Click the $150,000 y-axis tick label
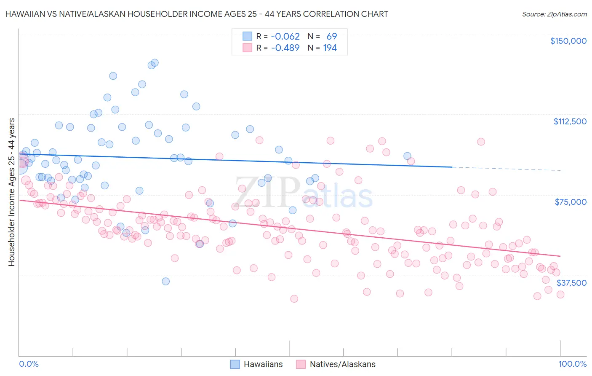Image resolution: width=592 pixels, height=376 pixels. click(x=568, y=41)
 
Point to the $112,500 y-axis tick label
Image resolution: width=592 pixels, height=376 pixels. click(x=570, y=121)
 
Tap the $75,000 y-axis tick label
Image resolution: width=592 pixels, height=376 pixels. click(x=571, y=202)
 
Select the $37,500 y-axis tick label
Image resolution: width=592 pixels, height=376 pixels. click(x=571, y=283)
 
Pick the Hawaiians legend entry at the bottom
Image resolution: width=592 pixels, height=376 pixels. click(x=257, y=364)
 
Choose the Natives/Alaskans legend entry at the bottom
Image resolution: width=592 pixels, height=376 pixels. click(x=336, y=364)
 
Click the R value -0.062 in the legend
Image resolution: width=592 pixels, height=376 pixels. click(x=285, y=36)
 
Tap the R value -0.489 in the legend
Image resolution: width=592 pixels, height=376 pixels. click(x=285, y=48)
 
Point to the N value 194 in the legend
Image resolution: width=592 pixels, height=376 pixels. click(x=330, y=48)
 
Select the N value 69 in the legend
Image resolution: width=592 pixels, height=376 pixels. click(x=331, y=36)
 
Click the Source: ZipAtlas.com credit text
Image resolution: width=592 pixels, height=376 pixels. click(x=554, y=14)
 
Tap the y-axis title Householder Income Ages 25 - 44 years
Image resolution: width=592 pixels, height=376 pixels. click(x=11, y=192)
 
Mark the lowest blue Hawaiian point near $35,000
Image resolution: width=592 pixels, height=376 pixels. click(x=166, y=281)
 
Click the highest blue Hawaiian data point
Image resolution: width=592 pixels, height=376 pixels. click(x=155, y=62)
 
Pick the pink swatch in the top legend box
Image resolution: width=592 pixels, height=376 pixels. click(x=247, y=48)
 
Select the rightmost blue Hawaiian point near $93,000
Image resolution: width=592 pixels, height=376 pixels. click(x=407, y=156)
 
